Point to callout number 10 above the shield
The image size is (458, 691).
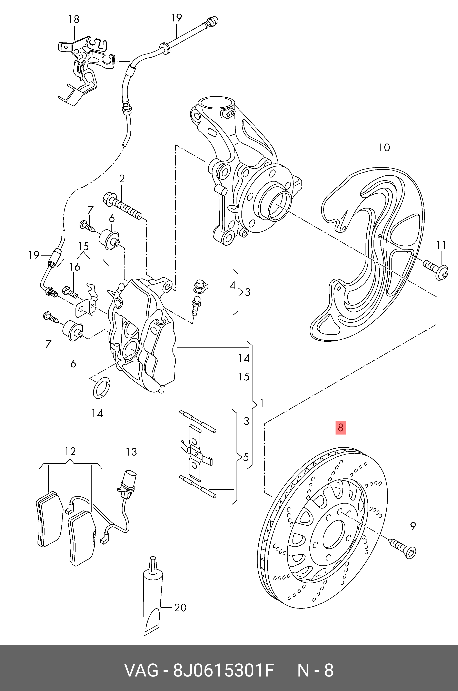[x=384, y=148]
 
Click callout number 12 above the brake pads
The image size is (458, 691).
[x=70, y=451]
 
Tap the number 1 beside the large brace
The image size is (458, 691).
[x=262, y=404]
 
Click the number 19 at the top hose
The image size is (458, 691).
[x=176, y=18]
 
